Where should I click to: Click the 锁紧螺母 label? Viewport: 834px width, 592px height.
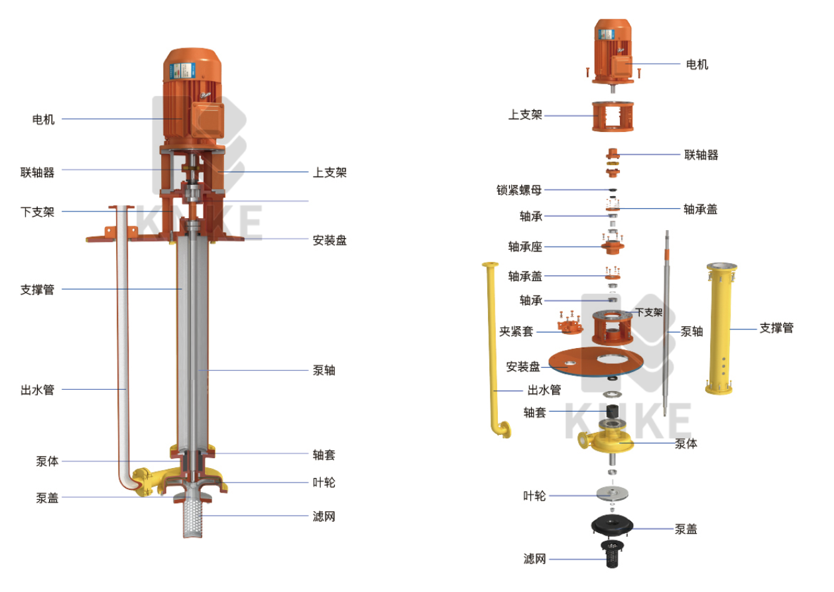pyautogui.click(x=518, y=190)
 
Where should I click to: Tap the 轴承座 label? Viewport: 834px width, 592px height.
pyautogui.click(x=525, y=247)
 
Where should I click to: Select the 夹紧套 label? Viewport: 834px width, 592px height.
pyautogui.click(x=516, y=331)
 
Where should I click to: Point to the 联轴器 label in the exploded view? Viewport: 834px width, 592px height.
pyautogui.click(x=701, y=155)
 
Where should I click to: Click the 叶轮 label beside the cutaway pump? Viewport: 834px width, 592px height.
pyautogui.click(x=324, y=483)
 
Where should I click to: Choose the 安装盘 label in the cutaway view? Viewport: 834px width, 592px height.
pyautogui.click(x=329, y=241)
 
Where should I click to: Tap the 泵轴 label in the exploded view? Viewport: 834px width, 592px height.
pyautogui.click(x=691, y=331)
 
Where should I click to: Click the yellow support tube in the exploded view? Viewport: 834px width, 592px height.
pyautogui.click(x=721, y=328)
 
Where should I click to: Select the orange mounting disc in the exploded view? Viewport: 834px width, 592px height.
pyautogui.click(x=596, y=362)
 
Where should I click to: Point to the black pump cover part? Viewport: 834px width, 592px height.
pyautogui.click(x=612, y=525)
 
